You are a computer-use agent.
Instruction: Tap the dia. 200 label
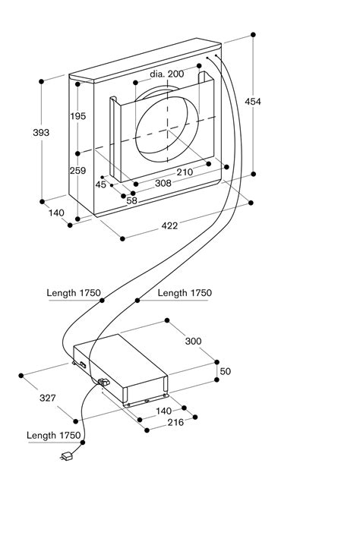point(166,74)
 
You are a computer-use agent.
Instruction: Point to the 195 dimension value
point(99,116)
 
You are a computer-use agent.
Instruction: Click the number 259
point(99,171)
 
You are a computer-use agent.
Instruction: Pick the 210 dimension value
point(185,172)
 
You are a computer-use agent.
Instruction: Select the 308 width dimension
point(163,184)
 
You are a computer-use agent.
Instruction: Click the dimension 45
point(100,184)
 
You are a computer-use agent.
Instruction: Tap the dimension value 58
point(131,200)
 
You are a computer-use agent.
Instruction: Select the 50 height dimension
point(225,371)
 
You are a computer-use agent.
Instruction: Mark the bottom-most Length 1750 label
point(53,435)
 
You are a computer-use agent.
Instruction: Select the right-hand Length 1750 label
point(185,293)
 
